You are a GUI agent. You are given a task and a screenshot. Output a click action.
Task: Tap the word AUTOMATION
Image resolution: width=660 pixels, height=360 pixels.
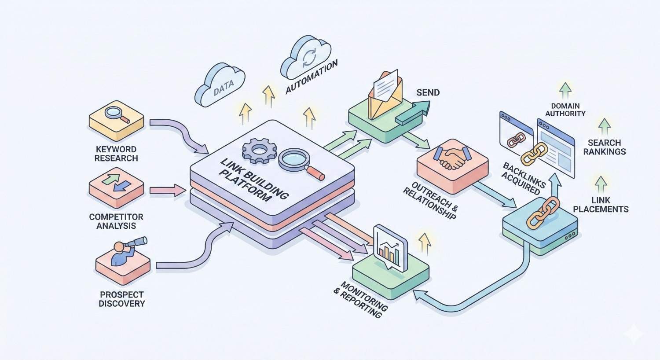coord(312,77)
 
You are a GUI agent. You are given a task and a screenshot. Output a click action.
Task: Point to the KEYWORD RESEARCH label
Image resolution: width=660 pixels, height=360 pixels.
coord(116,154)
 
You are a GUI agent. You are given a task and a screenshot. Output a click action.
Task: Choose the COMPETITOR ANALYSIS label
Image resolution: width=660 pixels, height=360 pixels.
coord(116,221)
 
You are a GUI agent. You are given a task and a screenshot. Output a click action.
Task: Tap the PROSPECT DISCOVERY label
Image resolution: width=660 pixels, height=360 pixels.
coord(122,299)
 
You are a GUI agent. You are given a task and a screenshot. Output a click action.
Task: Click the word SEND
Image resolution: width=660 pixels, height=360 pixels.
coord(428,92)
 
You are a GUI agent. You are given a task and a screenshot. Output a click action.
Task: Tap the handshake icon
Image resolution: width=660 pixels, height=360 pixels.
coord(451,158)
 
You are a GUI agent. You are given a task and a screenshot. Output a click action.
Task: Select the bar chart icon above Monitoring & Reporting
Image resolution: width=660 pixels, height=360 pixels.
coord(390,248)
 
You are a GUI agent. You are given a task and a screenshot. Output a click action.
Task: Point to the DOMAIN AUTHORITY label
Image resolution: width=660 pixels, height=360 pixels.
coord(565,110)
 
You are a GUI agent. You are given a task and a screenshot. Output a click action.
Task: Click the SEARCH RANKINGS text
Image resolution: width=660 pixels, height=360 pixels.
coord(605,147)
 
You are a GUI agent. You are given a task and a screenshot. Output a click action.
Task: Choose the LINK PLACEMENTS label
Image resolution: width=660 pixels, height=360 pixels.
coord(601,205)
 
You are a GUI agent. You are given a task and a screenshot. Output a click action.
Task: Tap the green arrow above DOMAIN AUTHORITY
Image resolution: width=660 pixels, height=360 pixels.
coord(565,90)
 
